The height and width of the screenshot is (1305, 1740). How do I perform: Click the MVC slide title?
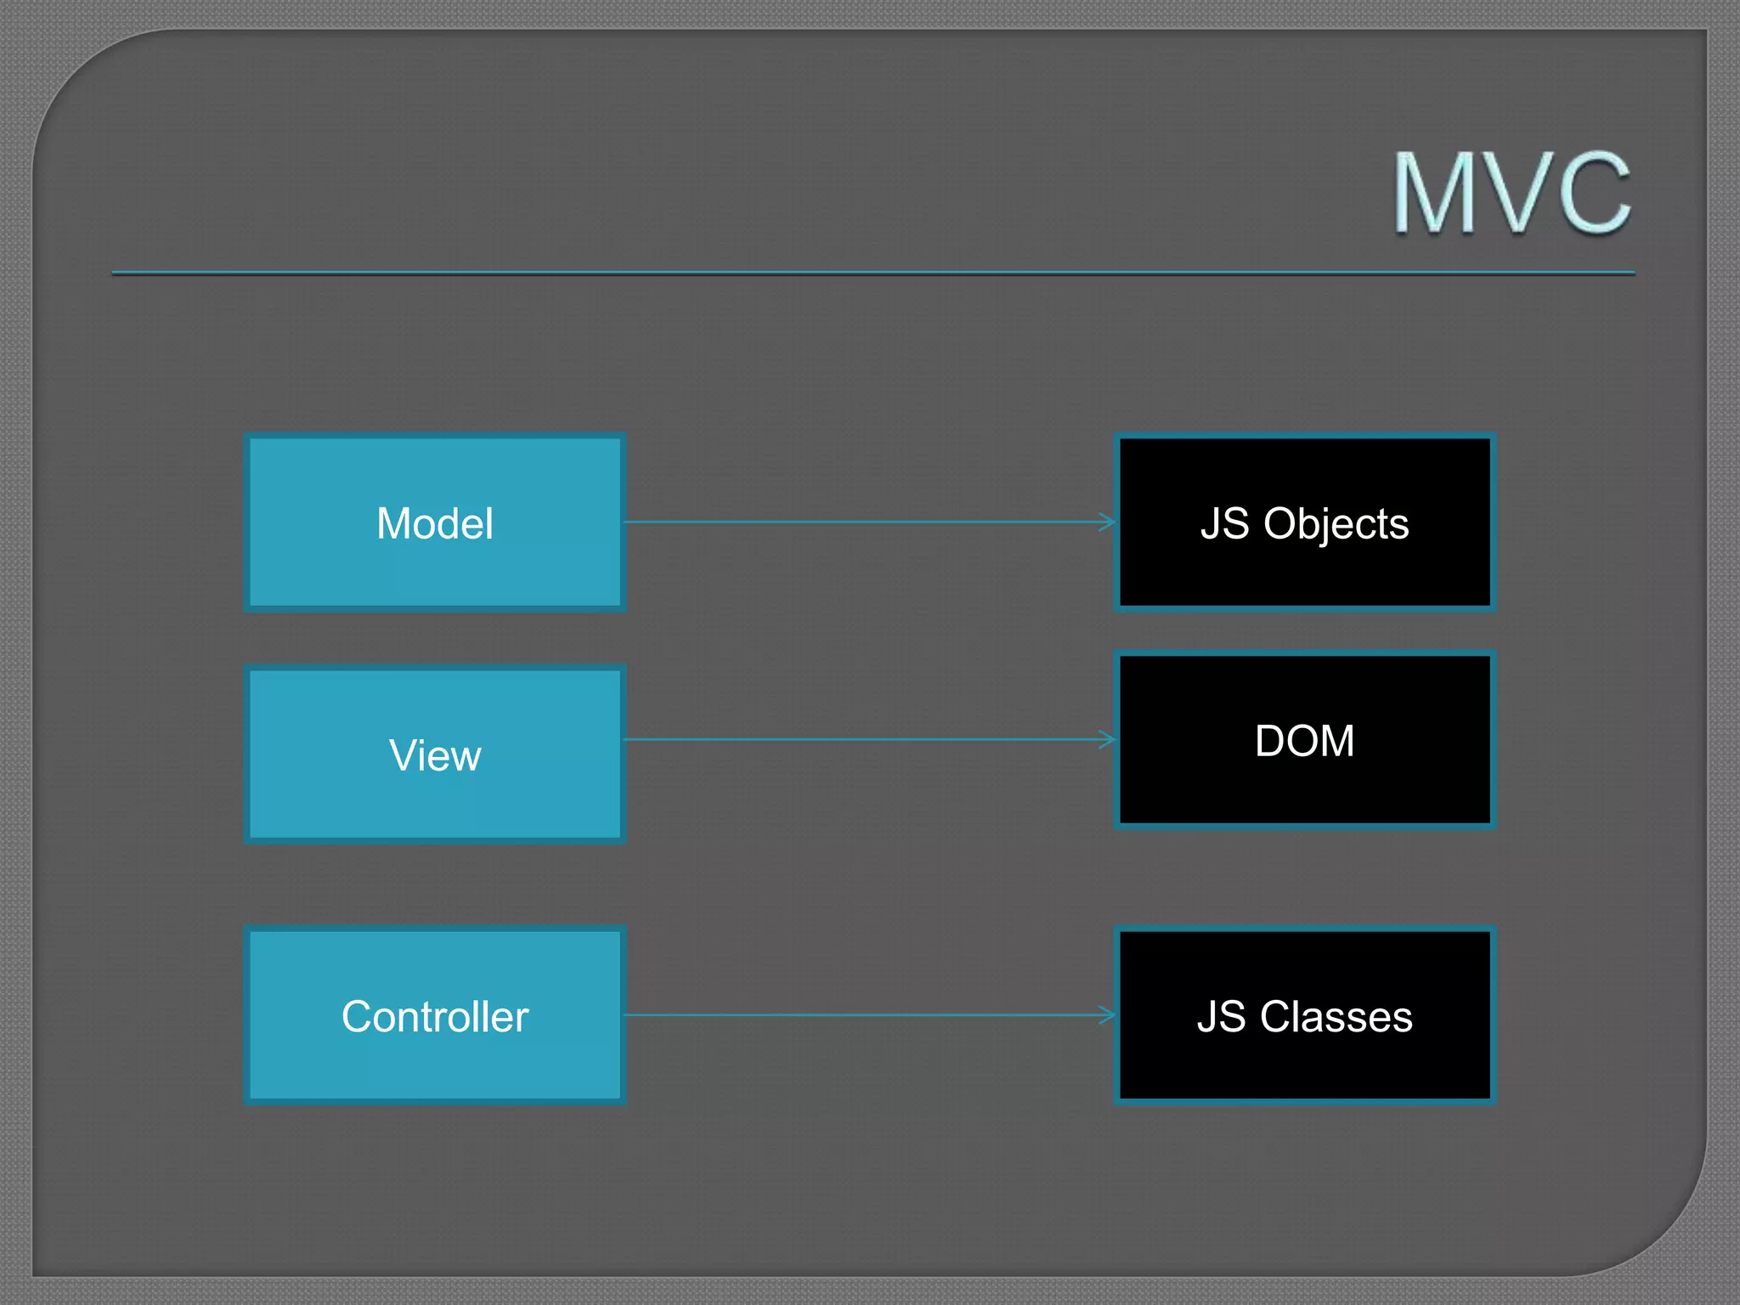coord(1512,193)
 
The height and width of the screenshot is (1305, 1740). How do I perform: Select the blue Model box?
coord(435,523)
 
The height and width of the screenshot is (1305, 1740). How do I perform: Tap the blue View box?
coord(435,754)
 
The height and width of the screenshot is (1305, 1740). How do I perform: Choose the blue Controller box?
coord(435,1015)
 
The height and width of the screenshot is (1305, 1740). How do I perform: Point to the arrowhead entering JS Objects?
coord(1107,522)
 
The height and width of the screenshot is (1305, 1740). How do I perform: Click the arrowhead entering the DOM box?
coord(1107,739)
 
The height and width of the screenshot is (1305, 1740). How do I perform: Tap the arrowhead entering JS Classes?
coord(1107,1014)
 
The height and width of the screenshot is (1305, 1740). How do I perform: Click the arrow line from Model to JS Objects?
coord(867,522)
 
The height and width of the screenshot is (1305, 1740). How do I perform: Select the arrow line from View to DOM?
coord(867,739)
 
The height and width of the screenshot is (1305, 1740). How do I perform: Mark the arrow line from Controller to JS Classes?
coord(867,1014)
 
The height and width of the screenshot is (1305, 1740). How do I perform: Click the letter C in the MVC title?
coord(1589,193)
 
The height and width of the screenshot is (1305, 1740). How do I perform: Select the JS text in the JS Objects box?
coord(1224,523)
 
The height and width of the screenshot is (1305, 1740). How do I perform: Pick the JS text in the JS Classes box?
coord(1221,1017)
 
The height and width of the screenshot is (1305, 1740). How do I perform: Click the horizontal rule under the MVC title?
coord(873,273)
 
